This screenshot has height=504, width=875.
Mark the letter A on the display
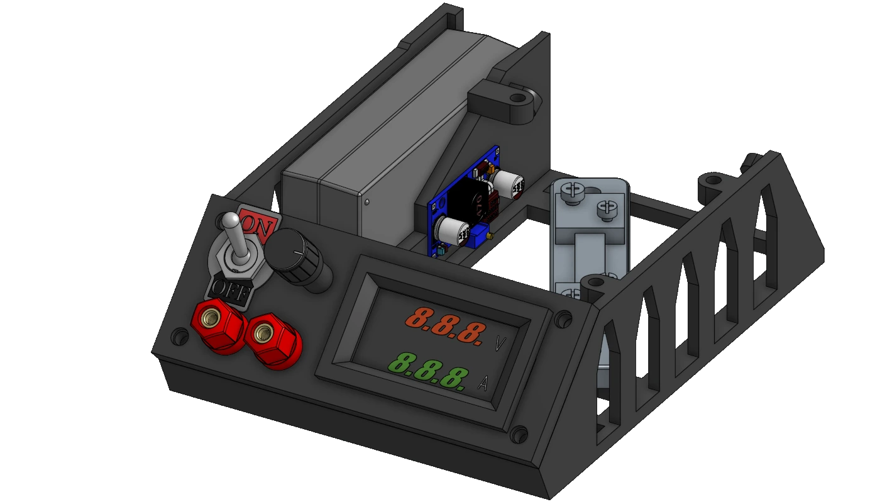pyautogui.click(x=483, y=383)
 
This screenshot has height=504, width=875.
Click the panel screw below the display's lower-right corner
pyautogui.click(x=520, y=434)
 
